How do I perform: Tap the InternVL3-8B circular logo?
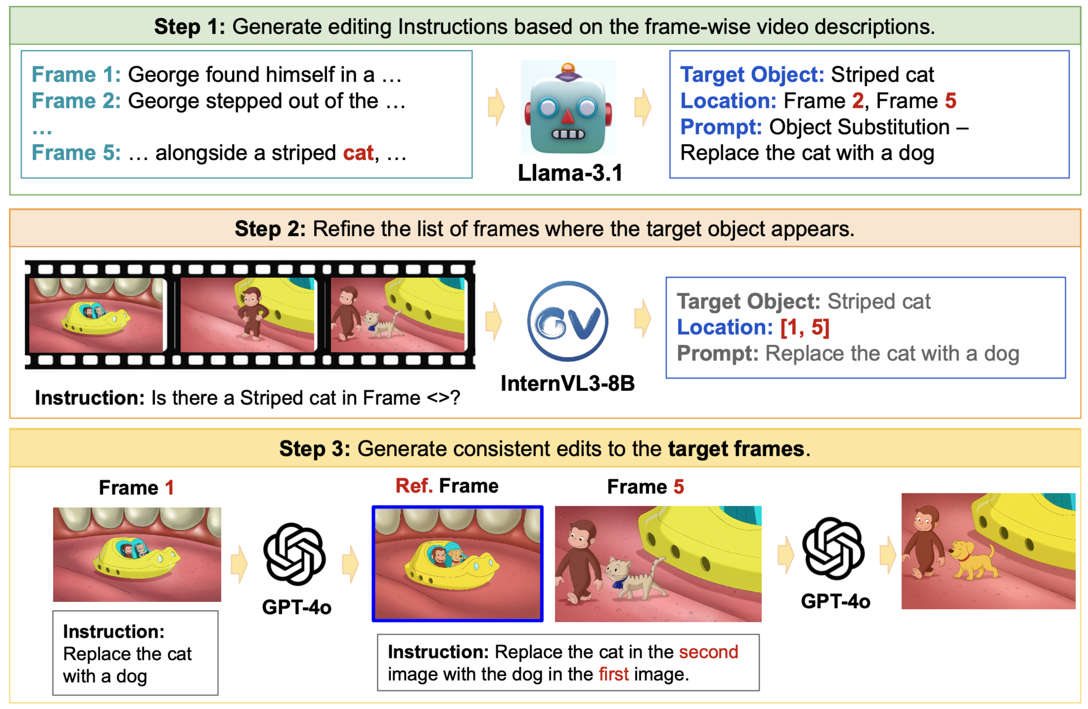tap(567, 321)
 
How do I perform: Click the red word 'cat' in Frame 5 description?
tap(359, 152)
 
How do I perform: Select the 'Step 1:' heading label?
tap(190, 26)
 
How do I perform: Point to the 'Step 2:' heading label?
tap(270, 228)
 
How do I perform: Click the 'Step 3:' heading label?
tap(315, 448)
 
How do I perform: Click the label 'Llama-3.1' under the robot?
tap(570, 173)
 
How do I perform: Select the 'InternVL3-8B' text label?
tap(568, 383)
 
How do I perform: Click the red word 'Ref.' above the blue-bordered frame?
tap(414, 486)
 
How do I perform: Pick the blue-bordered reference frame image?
tap(458, 563)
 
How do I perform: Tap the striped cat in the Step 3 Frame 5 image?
tap(636, 577)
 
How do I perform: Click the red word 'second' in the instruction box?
tap(709, 652)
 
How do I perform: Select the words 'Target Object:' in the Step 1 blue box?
tap(752, 74)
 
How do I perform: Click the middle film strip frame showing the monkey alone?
tap(247, 315)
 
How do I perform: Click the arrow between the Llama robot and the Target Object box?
tap(643, 107)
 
